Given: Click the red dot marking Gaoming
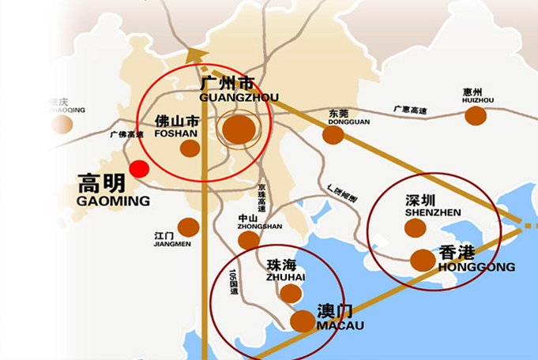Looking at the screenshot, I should click(x=140, y=168).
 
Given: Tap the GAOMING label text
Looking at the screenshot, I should click(x=113, y=201).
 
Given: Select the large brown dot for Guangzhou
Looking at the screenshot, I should click(x=239, y=129).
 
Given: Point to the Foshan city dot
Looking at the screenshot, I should click(x=190, y=148).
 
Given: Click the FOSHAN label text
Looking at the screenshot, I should click(x=176, y=134).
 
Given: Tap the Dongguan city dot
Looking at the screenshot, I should click(x=333, y=135).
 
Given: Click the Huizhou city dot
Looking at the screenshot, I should click(x=475, y=116).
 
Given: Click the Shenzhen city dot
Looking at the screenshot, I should click(x=414, y=228).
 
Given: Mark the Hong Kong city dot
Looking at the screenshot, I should click(x=422, y=258).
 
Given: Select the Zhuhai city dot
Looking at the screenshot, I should click(x=291, y=294).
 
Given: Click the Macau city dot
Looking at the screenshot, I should click(x=303, y=321).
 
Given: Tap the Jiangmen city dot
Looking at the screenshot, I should click(x=188, y=227).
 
